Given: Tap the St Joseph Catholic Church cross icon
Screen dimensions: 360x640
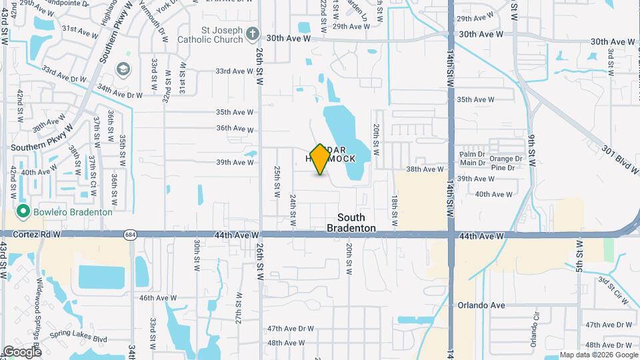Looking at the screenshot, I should click(252, 33).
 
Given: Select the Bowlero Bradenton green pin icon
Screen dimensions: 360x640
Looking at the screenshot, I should click(23, 212).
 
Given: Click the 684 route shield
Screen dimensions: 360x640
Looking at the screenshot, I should click(130, 235).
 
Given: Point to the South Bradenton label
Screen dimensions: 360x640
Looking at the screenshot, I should click(351, 223).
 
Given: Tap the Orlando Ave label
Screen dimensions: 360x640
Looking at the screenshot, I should click(481, 305).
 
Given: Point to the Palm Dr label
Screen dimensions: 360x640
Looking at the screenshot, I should click(471, 154).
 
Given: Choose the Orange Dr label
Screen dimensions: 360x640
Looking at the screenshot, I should click(506, 159).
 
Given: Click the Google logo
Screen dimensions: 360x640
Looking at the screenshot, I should click(22, 351).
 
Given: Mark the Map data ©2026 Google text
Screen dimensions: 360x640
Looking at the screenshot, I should click(598, 355).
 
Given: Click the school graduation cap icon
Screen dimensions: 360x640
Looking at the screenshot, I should click(123, 69).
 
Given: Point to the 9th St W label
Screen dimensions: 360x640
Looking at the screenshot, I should click(532, 146).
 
